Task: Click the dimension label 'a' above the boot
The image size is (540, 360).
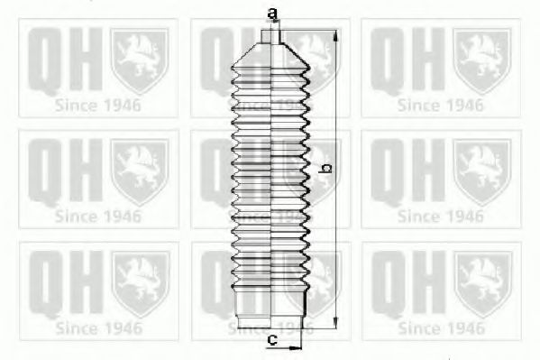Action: (272, 14)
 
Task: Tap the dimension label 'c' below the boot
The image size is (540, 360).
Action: (272, 340)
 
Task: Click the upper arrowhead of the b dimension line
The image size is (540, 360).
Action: (336, 36)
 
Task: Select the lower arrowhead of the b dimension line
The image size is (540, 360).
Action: (336, 322)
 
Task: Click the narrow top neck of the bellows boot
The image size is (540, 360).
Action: (271, 37)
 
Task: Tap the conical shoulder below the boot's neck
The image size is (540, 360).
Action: (270, 54)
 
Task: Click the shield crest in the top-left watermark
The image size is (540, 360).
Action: (140, 60)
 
